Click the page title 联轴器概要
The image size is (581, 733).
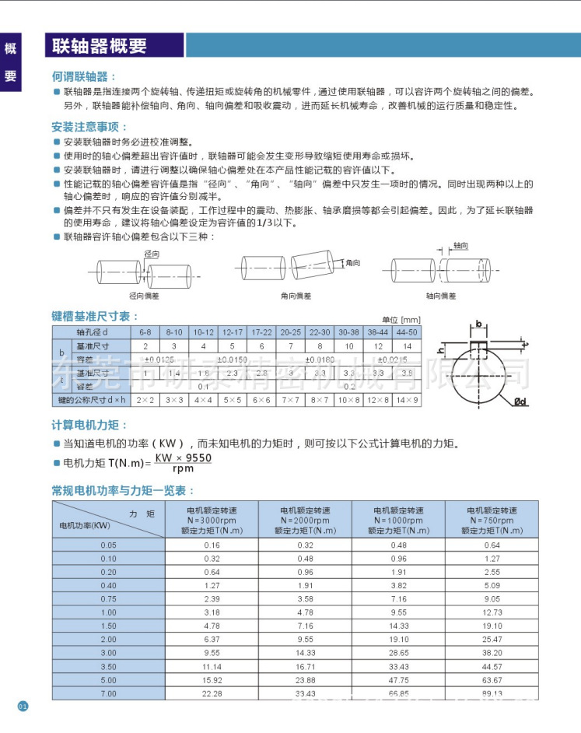pos(100,46)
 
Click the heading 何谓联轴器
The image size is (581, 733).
pos(84,77)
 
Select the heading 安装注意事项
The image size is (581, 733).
pos(89,127)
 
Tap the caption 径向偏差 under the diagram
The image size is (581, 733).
pos(143,296)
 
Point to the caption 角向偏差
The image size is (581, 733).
pos(296,296)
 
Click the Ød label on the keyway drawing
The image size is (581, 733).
pos(521,402)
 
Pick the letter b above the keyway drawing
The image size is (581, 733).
pos(478,323)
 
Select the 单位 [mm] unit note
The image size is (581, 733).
pos(401,320)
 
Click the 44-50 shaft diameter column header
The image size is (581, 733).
pos(406,332)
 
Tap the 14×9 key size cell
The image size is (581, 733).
pos(406,400)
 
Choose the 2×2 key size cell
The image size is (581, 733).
pos(145,400)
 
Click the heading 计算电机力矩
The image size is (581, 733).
pos(89,426)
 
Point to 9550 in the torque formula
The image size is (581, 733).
pos(197,459)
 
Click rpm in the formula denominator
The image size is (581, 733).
pos(184,469)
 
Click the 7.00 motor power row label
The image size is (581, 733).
pos(108,693)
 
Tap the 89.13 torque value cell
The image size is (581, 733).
pos(492,693)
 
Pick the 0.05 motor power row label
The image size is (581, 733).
pos(108,545)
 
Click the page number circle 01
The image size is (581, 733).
pos(23,707)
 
